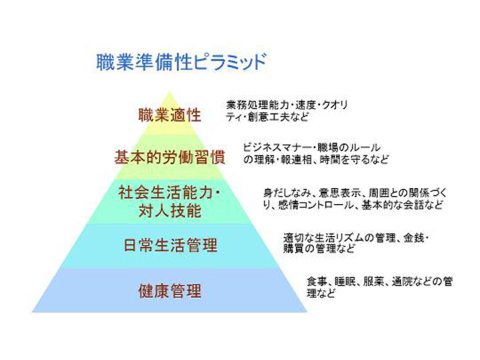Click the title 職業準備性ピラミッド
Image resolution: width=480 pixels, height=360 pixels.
[181, 62]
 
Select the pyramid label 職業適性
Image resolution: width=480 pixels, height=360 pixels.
[169, 115]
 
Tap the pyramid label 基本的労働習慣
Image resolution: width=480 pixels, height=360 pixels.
[169, 157]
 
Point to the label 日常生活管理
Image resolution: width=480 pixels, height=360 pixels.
[171, 245]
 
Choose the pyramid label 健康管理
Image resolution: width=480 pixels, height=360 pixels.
[169, 291]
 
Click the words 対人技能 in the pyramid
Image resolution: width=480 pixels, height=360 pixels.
[169, 211]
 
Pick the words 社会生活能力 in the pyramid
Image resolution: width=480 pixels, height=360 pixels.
[165, 193]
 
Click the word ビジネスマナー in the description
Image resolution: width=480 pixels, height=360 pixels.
[277, 147]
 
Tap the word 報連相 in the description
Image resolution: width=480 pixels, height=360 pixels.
[296, 160]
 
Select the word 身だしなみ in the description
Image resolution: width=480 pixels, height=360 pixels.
[287, 193]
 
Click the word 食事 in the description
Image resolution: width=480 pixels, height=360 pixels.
[317, 281]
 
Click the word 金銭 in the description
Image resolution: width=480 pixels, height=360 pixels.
[413, 238]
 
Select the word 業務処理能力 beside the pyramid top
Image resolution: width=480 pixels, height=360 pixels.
[257, 105]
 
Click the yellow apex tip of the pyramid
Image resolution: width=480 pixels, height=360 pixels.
[169, 92]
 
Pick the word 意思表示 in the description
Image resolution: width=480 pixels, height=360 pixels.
[339, 193]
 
